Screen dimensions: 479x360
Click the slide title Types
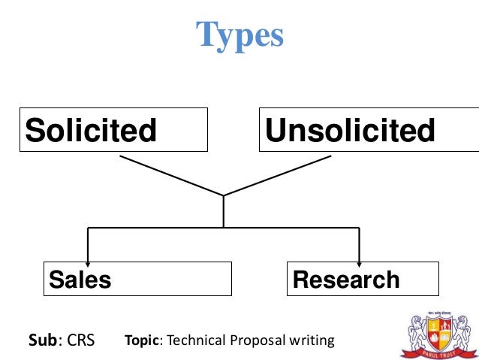[239, 35]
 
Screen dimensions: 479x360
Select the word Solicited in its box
[91, 131]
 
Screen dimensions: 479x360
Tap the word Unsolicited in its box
[350, 131]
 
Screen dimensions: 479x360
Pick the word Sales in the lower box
[80, 280]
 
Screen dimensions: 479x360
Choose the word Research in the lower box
[346, 280]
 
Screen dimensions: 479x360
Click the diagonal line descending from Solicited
[171, 176]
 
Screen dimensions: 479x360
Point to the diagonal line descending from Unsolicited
[278, 176]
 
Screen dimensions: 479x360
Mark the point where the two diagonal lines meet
[224, 195]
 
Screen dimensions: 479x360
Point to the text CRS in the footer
[81, 340]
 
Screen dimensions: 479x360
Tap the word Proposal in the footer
[256, 340]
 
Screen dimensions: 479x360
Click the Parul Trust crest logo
[435, 329]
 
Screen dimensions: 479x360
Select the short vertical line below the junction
[224, 212]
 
